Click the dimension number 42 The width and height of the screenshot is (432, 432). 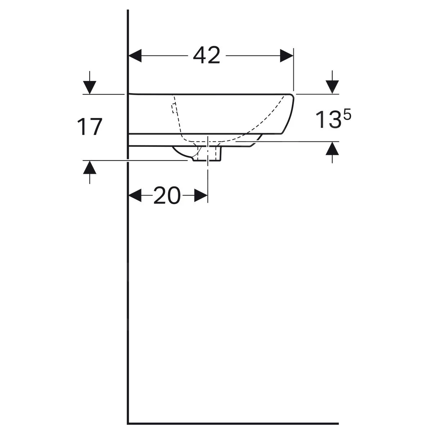coord(206,55)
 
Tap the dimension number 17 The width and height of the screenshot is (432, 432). coord(89,127)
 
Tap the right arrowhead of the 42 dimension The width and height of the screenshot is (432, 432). coord(287,55)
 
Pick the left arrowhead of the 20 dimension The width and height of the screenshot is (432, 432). coord(135,195)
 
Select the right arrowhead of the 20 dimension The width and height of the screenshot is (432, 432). coord(201,195)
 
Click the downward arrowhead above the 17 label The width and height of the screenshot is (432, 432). coord(90,87)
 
